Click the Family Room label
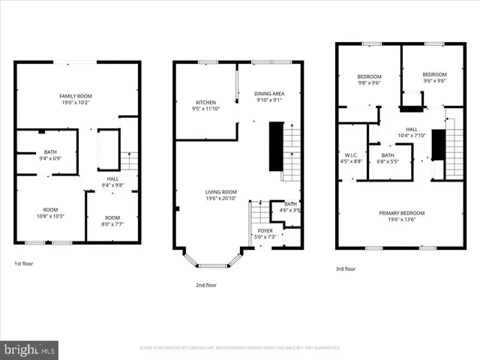(75, 96)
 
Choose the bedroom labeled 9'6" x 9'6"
(434, 78)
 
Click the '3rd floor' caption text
(345, 268)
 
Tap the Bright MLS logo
(30, 349)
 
